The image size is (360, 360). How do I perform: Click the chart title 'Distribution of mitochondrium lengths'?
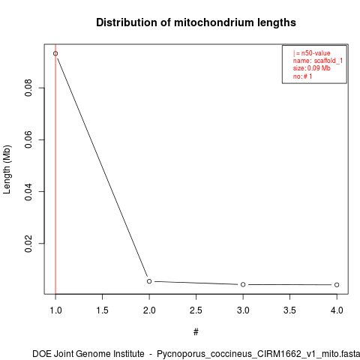tap(196, 22)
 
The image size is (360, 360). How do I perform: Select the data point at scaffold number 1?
tap(55, 53)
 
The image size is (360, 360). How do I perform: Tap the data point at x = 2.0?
tap(149, 281)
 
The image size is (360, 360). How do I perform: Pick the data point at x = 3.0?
tap(243, 284)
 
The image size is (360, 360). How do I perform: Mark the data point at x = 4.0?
tap(337, 285)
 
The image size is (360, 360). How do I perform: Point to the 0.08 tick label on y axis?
tap(28, 88)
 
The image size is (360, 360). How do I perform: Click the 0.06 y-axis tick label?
tap(28, 139)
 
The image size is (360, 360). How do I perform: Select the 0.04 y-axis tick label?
tap(28, 191)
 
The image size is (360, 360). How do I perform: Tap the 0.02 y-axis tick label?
tap(28, 244)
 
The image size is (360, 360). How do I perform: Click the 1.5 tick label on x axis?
tap(102, 310)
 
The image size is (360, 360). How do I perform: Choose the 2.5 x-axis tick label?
tap(196, 310)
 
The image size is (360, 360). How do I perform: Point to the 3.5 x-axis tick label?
tap(289, 310)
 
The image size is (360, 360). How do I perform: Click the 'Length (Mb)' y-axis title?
tap(7, 169)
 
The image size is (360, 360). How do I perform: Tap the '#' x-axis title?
tap(196, 332)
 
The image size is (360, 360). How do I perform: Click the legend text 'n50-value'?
tap(316, 53)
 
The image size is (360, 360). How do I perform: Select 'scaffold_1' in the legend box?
tap(328, 61)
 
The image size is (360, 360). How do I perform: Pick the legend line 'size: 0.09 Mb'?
tap(312, 68)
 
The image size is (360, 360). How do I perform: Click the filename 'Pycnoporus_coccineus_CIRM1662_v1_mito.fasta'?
tap(258, 354)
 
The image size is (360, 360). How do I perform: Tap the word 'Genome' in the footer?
tap(94, 354)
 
